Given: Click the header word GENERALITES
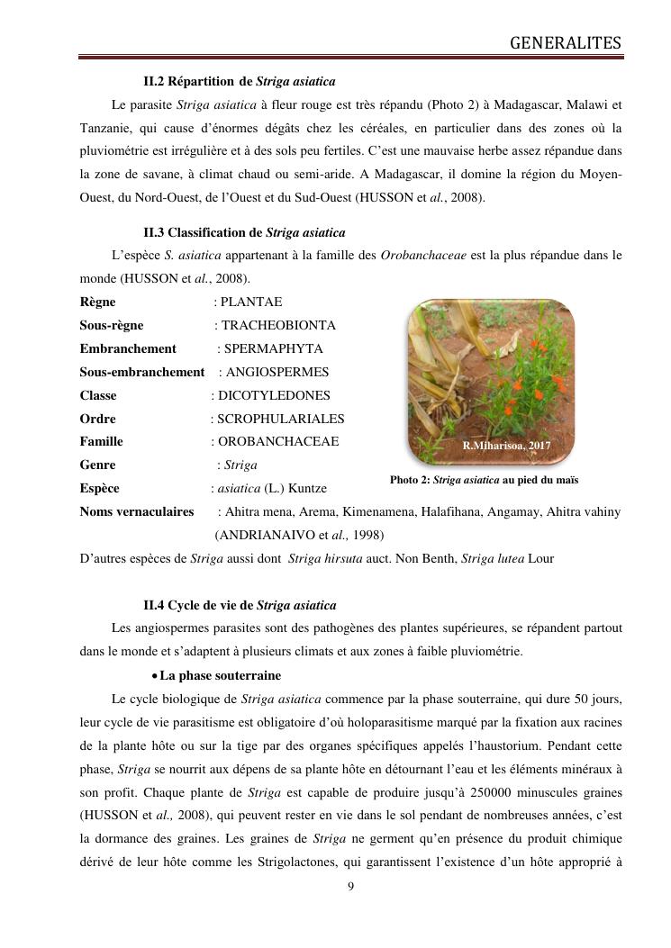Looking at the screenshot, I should point(566,42).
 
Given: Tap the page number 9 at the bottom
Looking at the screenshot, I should point(350,887).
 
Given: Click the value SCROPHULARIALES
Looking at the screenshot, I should point(280,419).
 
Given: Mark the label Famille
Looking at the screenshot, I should point(101,442).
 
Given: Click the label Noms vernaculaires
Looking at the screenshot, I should point(137,511).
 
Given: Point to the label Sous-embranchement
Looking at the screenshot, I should point(142,372).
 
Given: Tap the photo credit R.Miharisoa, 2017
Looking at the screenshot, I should point(506,446).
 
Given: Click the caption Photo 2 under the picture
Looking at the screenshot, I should point(484,480).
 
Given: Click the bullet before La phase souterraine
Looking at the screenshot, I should point(155,675).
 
